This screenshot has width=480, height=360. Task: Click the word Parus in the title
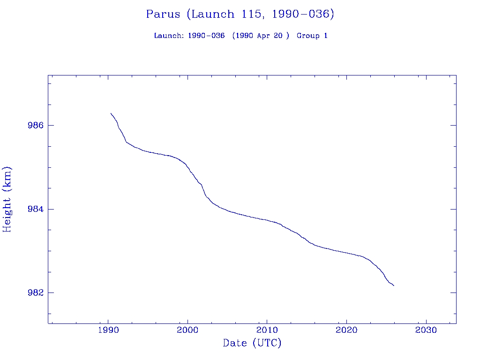163,14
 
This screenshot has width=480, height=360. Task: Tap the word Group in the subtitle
307,36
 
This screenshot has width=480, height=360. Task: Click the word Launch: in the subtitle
169,36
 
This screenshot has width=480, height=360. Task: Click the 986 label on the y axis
36,126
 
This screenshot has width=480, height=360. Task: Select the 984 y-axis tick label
36,209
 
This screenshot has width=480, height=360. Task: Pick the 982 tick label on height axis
36,292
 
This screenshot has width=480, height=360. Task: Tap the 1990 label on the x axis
108,330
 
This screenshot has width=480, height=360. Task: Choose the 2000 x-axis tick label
187,330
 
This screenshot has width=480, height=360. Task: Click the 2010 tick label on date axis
267,330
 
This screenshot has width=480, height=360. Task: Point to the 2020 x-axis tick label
346,330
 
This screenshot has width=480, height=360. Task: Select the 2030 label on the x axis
426,330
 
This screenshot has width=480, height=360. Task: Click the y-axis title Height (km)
7,199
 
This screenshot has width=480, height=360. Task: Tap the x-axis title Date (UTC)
252,343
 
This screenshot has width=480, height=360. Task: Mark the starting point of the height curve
111,113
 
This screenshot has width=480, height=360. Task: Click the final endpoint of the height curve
394,285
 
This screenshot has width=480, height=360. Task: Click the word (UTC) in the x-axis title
267,343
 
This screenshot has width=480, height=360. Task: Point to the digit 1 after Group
325,36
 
